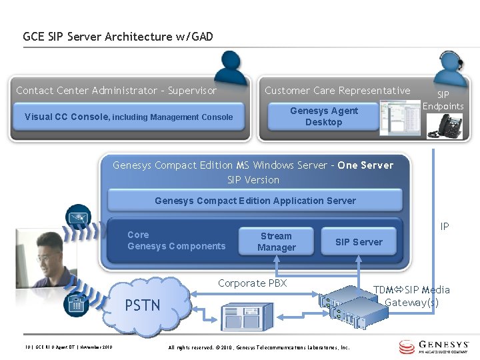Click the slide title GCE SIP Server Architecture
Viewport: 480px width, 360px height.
point(118,37)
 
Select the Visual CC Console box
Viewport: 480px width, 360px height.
point(129,117)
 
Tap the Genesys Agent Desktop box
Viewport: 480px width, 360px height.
point(323,117)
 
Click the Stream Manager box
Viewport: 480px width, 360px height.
point(276,242)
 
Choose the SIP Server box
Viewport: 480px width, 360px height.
point(359,242)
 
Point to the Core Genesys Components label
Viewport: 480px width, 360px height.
point(176,241)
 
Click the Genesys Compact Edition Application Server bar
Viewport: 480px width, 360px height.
point(255,201)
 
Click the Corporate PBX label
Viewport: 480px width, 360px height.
point(252,283)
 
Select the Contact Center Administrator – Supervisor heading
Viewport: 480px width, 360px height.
point(117,91)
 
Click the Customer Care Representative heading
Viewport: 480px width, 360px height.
point(337,91)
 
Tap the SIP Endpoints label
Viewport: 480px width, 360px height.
point(443,101)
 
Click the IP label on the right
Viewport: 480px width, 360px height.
point(445,227)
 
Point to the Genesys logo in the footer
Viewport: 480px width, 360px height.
point(435,347)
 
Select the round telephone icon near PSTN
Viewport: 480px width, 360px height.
point(75,304)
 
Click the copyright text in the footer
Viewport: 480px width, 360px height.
point(259,347)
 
